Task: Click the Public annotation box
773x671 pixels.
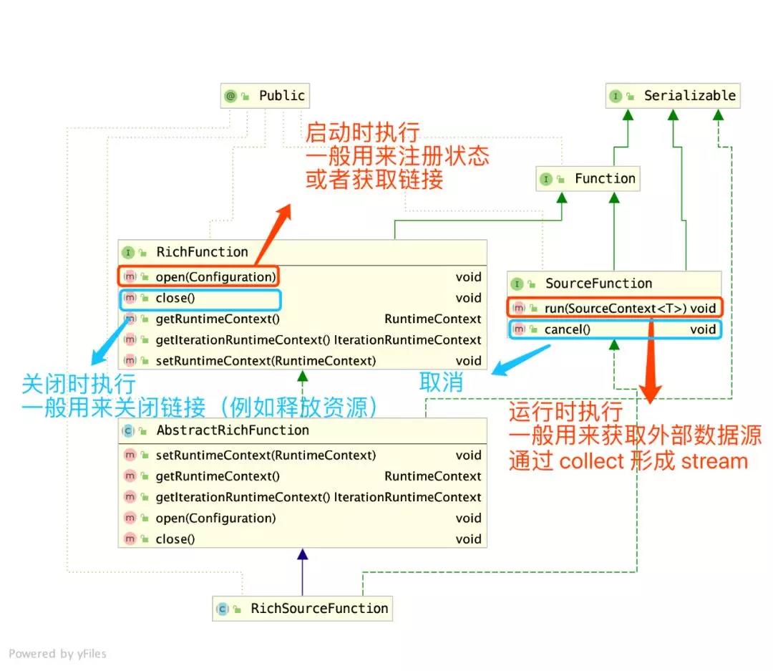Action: [x=266, y=96]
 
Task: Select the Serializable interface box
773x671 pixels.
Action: [x=673, y=96]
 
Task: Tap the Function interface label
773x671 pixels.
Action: [x=588, y=179]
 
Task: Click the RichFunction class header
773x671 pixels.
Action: [x=202, y=252]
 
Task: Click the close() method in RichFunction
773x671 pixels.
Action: [x=175, y=298]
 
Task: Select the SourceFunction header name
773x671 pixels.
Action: [x=598, y=284]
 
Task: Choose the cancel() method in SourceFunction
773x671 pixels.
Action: [x=567, y=329]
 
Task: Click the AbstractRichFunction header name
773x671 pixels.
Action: [x=233, y=430]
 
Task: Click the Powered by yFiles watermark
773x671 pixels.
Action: [x=57, y=653]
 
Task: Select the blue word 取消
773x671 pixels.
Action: [x=441, y=382]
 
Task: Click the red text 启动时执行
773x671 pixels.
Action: [x=362, y=132]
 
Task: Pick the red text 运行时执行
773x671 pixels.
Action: [x=565, y=412]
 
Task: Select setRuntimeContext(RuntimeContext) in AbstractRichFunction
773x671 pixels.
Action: [x=265, y=455]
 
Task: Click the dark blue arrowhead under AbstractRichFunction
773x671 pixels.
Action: [x=302, y=554]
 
